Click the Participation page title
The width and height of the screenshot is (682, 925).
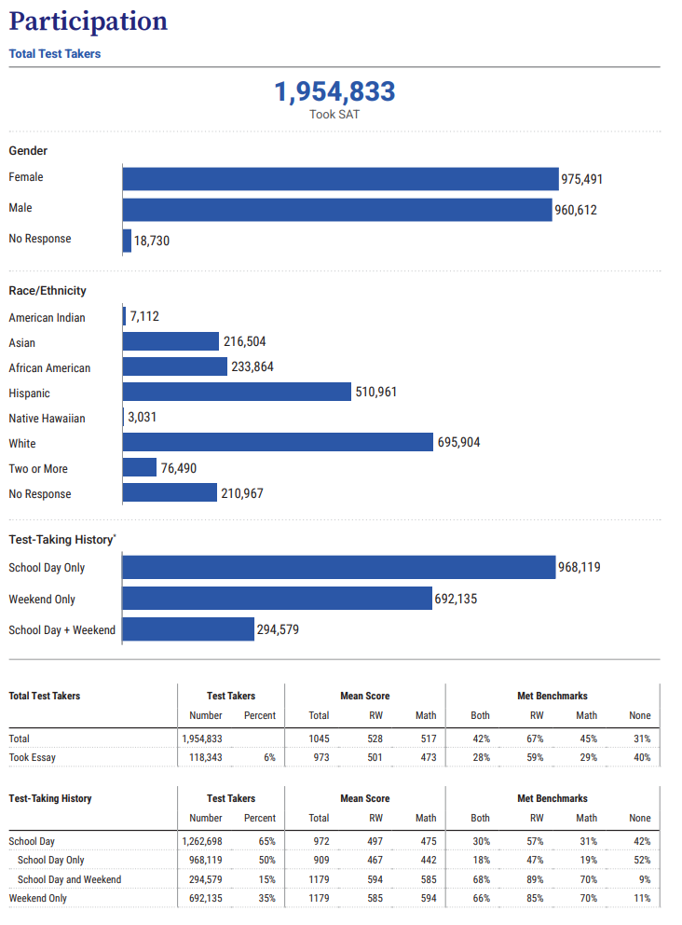coord(89,21)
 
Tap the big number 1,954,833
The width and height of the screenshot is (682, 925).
coord(334,91)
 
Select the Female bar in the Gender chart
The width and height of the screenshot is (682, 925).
coord(341,179)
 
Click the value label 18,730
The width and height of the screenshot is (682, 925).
coord(152,241)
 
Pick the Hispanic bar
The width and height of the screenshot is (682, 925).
coord(237,392)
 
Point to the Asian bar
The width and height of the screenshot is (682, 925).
coord(170,341)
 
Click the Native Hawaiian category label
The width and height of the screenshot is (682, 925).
coord(48,419)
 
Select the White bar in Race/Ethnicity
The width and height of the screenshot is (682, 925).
coord(278,442)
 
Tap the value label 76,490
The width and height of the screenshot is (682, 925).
coord(179,468)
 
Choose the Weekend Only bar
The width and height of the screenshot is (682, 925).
coord(277,599)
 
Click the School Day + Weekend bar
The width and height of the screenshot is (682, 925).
coord(188,629)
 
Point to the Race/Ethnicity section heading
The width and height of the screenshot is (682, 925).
coord(48,291)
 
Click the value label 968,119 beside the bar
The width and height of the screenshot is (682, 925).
coord(580,568)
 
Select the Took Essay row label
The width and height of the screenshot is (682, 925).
coord(33,757)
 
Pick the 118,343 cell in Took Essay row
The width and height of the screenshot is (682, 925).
coord(206,757)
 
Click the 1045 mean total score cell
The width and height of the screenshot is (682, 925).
coord(319,739)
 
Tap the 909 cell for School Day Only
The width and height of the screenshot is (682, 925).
coord(321,860)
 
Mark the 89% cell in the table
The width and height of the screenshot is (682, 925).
coord(535,879)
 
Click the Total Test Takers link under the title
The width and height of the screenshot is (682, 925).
coord(55,54)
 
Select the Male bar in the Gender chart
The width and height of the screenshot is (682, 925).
coord(337,210)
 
